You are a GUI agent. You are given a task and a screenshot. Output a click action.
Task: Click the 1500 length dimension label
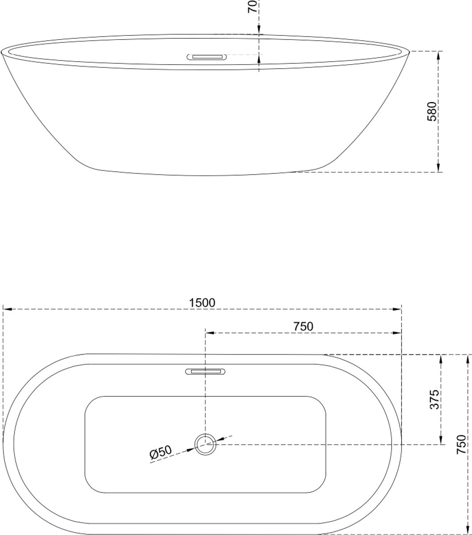[x=202, y=303]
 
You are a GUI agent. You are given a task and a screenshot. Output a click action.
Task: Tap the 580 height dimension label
[x=432, y=111]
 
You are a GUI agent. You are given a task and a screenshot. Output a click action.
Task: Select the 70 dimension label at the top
[x=252, y=6]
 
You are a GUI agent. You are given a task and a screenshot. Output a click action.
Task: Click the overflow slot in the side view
[x=207, y=57]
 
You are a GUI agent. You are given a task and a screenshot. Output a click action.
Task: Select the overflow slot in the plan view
[x=205, y=372]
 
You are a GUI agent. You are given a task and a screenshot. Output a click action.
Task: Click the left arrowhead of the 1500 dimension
[x=7, y=309]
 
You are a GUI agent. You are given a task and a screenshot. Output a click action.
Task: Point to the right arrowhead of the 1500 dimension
[x=397, y=309]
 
